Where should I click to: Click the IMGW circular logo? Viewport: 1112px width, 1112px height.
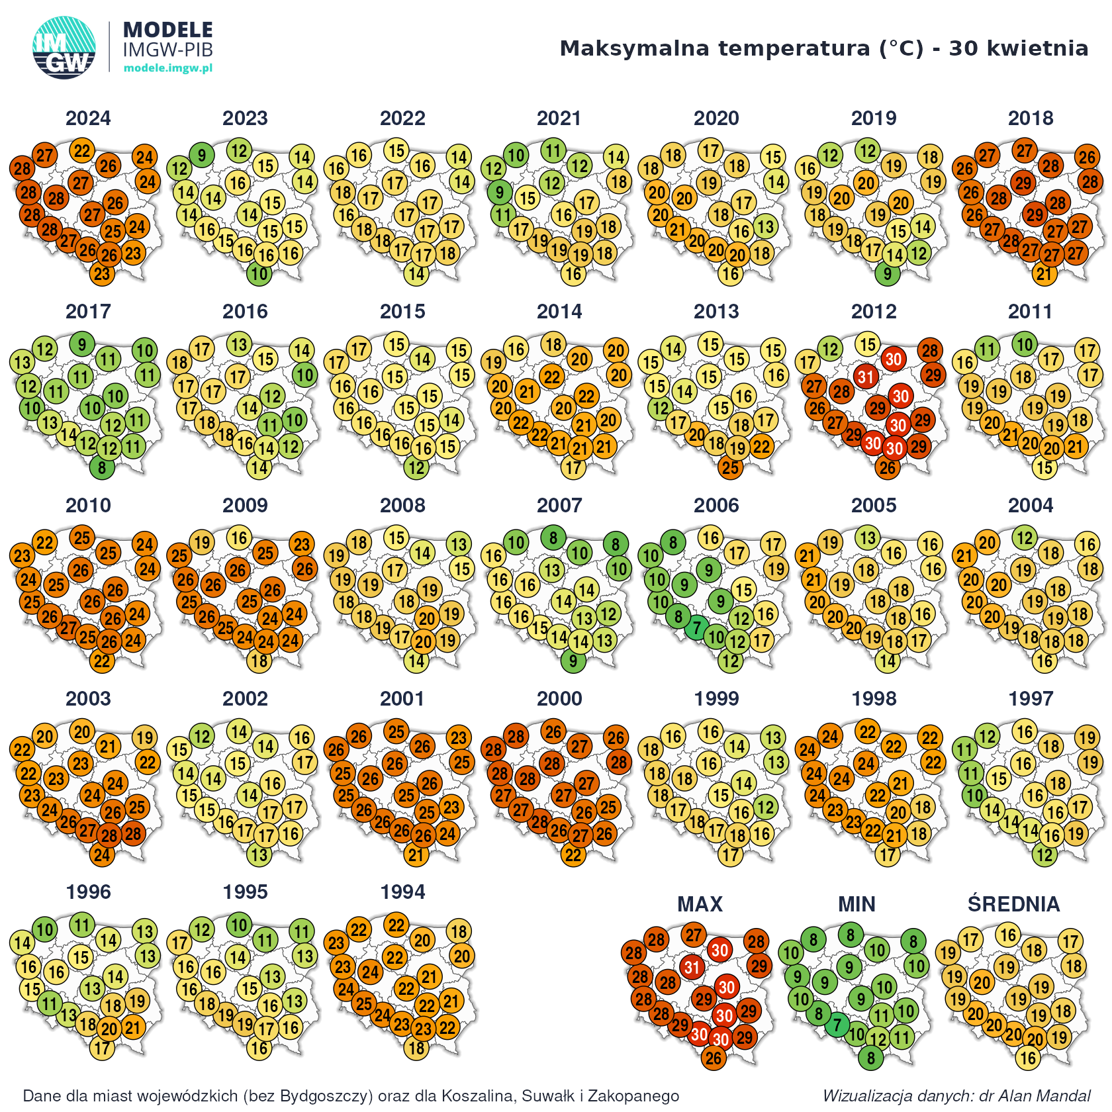[x=64, y=48]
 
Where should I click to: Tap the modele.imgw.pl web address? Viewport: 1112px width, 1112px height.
[x=168, y=68]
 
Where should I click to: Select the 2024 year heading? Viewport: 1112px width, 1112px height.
[x=88, y=118]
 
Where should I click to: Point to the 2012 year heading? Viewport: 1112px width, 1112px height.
[x=874, y=312]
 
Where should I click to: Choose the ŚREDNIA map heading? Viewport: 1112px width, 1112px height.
[x=1013, y=904]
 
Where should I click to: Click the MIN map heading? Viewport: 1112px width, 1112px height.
[x=857, y=904]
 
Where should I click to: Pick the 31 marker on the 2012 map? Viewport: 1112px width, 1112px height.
[x=865, y=377]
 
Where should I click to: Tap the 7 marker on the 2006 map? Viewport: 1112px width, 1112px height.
[x=696, y=628]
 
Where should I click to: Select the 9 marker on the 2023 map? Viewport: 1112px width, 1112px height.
[x=202, y=156]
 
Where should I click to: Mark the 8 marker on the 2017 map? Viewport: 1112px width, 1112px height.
[x=102, y=468]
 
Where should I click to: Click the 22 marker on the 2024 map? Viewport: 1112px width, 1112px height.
[x=82, y=151]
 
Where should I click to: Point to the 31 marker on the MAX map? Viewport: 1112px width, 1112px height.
[x=692, y=968]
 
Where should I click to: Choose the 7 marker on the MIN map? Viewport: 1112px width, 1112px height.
[x=837, y=1025]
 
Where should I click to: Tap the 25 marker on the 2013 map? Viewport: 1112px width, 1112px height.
[x=731, y=468]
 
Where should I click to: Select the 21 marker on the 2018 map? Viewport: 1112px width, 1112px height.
[x=1044, y=274]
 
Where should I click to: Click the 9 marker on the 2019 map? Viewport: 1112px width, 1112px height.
[x=888, y=274]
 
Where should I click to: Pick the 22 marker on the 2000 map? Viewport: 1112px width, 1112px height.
[x=573, y=855]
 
